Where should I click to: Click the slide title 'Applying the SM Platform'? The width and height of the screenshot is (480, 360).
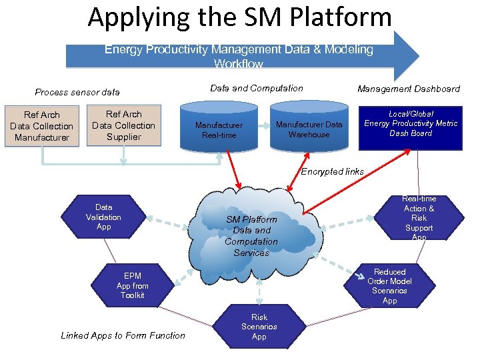pyautogui.click(x=239, y=17)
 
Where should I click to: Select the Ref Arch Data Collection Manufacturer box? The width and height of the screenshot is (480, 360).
pyautogui.click(x=41, y=126)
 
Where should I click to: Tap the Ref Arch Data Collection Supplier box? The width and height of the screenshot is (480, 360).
pyautogui.click(x=123, y=125)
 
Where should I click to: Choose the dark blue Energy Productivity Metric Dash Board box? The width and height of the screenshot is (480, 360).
pyautogui.click(x=411, y=123)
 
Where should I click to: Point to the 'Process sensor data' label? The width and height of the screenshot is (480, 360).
pyautogui.click(x=77, y=92)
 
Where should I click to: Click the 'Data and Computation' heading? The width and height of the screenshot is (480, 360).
pyautogui.click(x=256, y=88)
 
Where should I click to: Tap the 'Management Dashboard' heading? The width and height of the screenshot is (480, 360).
pyautogui.click(x=408, y=89)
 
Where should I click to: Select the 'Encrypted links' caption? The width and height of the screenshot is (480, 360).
pyautogui.click(x=332, y=171)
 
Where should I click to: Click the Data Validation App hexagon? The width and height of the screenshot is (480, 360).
pyautogui.click(x=103, y=217)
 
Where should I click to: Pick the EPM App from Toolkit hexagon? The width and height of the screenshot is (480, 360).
pyautogui.click(x=132, y=285)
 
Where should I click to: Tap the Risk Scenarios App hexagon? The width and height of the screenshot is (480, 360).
pyautogui.click(x=259, y=327)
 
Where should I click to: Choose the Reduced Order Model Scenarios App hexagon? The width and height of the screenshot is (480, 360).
pyautogui.click(x=389, y=286)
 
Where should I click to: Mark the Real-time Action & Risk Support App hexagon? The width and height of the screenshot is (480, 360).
pyautogui.click(x=419, y=218)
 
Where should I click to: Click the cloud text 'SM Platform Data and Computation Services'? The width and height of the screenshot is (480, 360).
pyautogui.click(x=251, y=236)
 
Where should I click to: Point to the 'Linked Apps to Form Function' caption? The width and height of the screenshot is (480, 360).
pyautogui.click(x=123, y=335)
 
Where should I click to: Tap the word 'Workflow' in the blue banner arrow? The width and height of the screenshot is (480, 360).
pyautogui.click(x=239, y=65)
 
